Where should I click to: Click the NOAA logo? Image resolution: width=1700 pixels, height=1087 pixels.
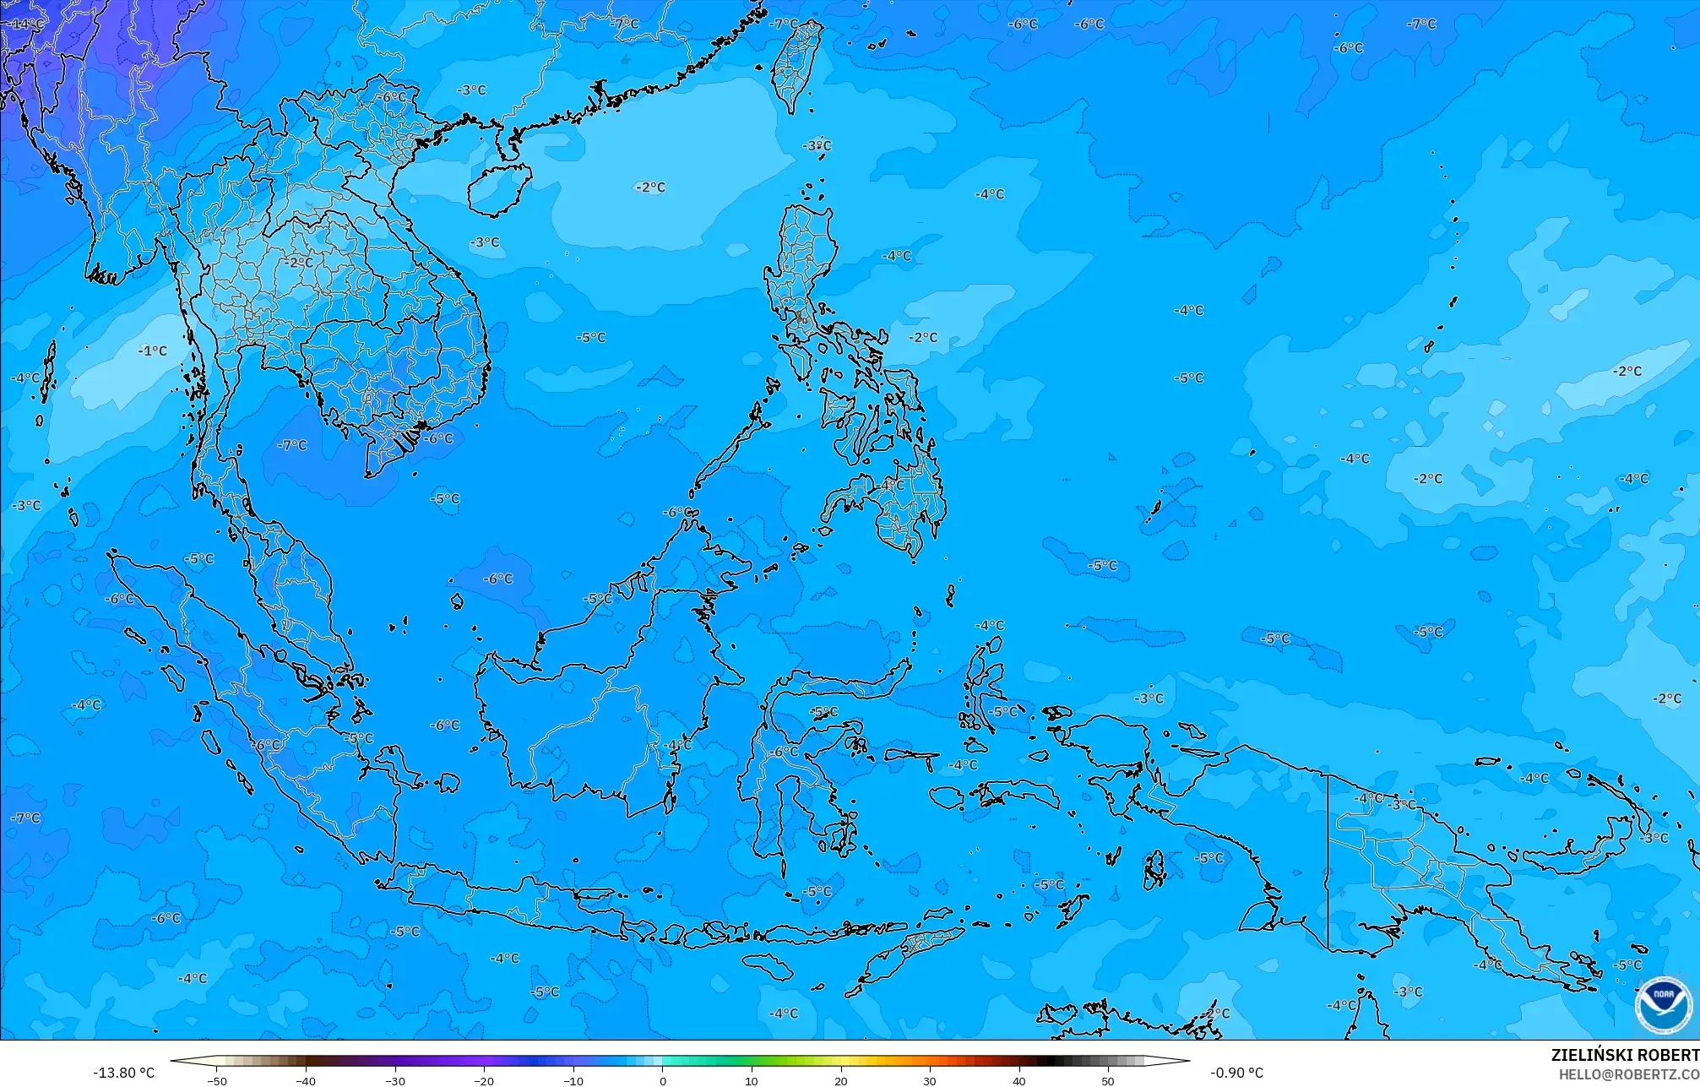(x=1663, y=1004)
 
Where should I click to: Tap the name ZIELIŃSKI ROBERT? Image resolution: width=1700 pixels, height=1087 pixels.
(x=1624, y=1055)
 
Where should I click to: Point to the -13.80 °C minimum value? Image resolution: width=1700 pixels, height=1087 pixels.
(x=123, y=1073)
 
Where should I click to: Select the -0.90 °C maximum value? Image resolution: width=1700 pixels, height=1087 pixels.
(x=1236, y=1073)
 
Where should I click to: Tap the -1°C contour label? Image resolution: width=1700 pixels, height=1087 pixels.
(x=153, y=351)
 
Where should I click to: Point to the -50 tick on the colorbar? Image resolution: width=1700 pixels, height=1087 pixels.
(x=217, y=1080)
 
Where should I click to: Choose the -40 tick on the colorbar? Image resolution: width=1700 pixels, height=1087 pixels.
(x=306, y=1080)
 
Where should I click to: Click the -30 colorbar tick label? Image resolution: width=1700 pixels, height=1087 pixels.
(x=395, y=1080)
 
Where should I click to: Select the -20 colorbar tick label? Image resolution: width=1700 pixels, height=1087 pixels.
(x=484, y=1080)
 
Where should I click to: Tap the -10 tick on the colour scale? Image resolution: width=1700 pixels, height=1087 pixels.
(x=573, y=1080)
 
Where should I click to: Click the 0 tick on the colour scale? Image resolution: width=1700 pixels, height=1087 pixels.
(x=663, y=1080)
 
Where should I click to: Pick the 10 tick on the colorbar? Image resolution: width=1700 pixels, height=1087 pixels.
(x=752, y=1080)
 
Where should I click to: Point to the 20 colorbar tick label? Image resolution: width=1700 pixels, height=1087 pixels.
(x=841, y=1080)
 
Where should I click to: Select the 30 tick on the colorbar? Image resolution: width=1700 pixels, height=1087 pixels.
(x=930, y=1080)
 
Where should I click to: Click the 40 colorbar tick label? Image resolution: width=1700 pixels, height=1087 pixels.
(x=1019, y=1080)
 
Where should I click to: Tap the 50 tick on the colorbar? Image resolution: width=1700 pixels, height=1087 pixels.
(x=1108, y=1080)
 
